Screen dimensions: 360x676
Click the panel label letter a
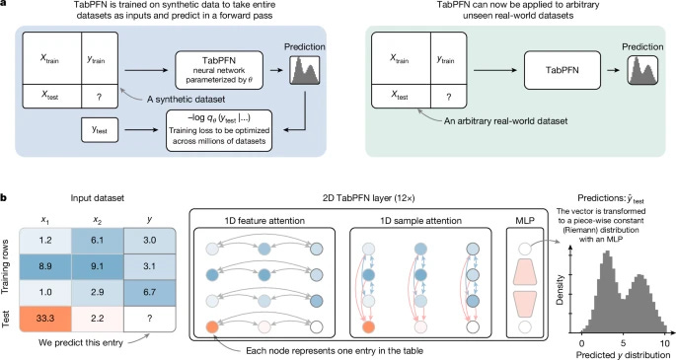[6, 5]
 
